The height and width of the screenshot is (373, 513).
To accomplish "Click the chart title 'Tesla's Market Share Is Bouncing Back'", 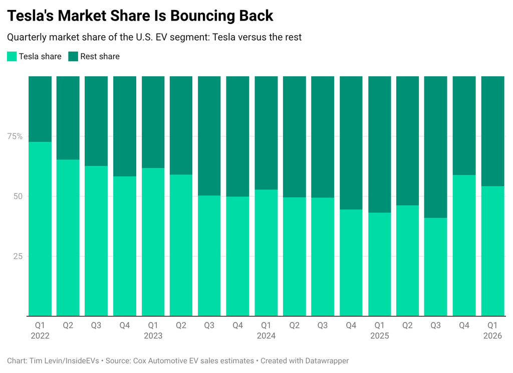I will coord(140,16).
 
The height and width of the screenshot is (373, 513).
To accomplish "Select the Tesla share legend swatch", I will coord(12,56).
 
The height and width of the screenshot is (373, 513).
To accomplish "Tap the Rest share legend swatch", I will coord(73,56).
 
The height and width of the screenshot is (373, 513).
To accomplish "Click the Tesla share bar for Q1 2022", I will coord(40,229).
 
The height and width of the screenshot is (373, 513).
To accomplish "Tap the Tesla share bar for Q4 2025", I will coord(464,246).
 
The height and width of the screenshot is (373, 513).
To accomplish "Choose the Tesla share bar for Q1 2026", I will coord(492,251).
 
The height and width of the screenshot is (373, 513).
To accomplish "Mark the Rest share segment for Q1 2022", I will coord(40,109).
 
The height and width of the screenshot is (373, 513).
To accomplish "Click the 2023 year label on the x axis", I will coord(153,336).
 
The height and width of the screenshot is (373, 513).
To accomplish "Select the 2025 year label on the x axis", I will coord(379,336).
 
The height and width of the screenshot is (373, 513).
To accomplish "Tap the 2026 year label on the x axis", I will coord(492,336).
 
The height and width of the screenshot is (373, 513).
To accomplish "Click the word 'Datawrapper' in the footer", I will coord(326,360).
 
